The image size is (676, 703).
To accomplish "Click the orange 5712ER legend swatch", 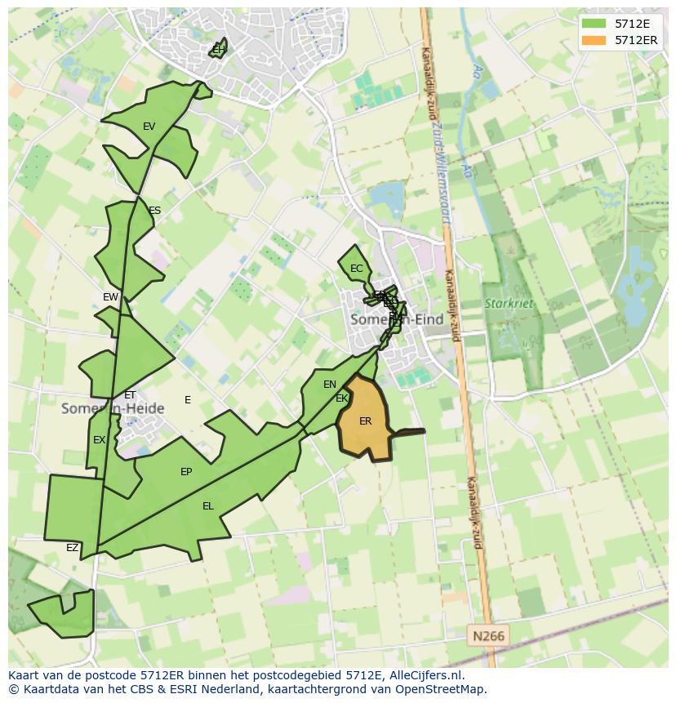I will (x=594, y=40).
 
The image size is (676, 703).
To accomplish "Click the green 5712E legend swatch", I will (x=594, y=24).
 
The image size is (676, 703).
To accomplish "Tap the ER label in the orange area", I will (x=365, y=421).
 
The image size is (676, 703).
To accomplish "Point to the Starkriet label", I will (x=509, y=304).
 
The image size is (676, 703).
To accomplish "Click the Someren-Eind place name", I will (x=396, y=320).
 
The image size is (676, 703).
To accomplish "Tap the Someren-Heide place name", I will (x=113, y=408).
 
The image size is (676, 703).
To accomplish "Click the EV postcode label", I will (x=149, y=127).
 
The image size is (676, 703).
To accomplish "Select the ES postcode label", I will (x=154, y=211).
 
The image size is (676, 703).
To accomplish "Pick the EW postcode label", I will (x=110, y=297).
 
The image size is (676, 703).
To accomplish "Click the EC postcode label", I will (x=356, y=269).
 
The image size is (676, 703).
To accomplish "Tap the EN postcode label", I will (x=330, y=385).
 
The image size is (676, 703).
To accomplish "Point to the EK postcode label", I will (x=342, y=398).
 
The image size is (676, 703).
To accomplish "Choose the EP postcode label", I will (x=186, y=472).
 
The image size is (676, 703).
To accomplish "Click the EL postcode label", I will (x=208, y=506).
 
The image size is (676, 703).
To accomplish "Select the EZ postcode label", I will (x=72, y=548).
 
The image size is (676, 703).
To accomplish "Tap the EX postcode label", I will (x=99, y=440).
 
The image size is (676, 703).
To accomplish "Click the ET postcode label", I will (x=130, y=395).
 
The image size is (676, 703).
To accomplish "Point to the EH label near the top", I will (x=218, y=50).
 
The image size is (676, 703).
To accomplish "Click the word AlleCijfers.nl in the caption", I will (x=424, y=675).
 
